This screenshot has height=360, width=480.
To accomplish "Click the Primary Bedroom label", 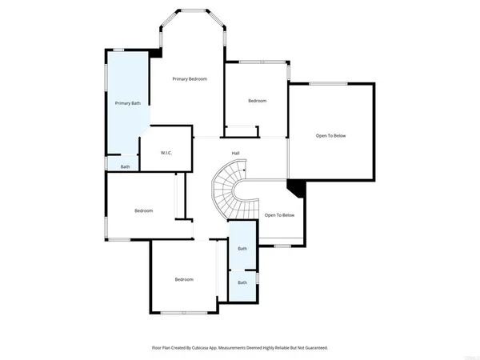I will tap(190, 78).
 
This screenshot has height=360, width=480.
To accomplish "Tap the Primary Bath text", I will tap(127, 103).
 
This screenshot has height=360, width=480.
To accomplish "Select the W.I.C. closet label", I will tap(166, 153).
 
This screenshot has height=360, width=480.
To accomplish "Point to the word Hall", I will tap(236, 153).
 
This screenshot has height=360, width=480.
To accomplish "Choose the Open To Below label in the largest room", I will tap(330, 136).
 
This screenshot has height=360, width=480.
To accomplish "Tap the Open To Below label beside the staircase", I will tap(279, 215).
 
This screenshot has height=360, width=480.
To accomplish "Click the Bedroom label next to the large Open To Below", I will tap(257, 101).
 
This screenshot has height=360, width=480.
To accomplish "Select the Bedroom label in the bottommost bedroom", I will tap(184, 279).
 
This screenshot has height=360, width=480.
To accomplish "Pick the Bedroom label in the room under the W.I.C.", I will tap(143, 210).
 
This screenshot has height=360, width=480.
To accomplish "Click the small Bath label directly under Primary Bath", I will tap(125, 166).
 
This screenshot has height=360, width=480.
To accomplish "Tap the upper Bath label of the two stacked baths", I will tap(242, 249).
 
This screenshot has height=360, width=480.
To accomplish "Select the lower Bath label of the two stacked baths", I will tap(242, 282).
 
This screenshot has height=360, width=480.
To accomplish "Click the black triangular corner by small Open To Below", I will tap(296, 187).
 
